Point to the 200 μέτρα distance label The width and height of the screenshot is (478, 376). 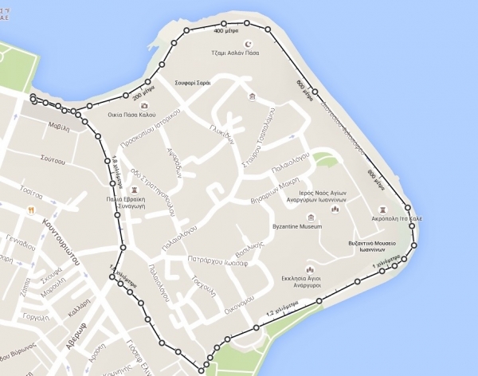click(142, 95)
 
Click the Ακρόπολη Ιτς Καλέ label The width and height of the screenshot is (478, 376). click(378, 217)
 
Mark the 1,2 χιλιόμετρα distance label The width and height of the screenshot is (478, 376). click(282, 309)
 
